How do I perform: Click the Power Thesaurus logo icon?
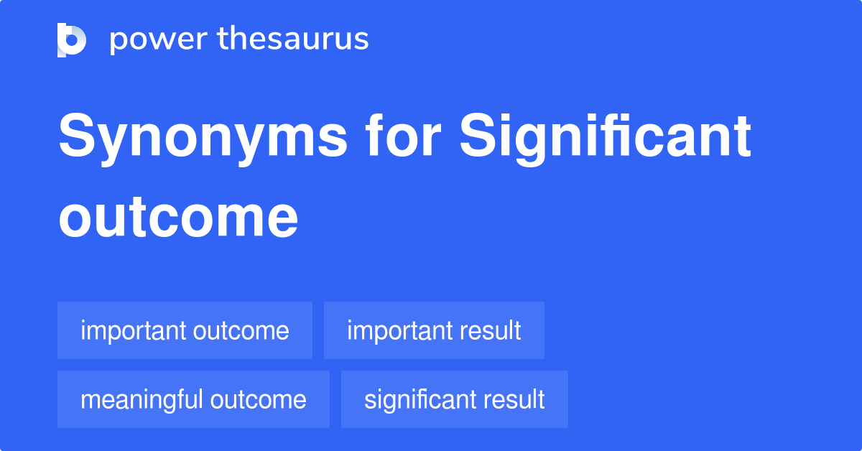pos(72,39)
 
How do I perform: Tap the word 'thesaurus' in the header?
pos(292,39)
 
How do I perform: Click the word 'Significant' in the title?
pos(606,138)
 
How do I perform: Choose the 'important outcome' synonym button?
pos(185,331)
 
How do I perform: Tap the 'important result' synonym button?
pos(434,331)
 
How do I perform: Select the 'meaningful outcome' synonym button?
pos(193,399)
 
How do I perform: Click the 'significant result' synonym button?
pos(454,399)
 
